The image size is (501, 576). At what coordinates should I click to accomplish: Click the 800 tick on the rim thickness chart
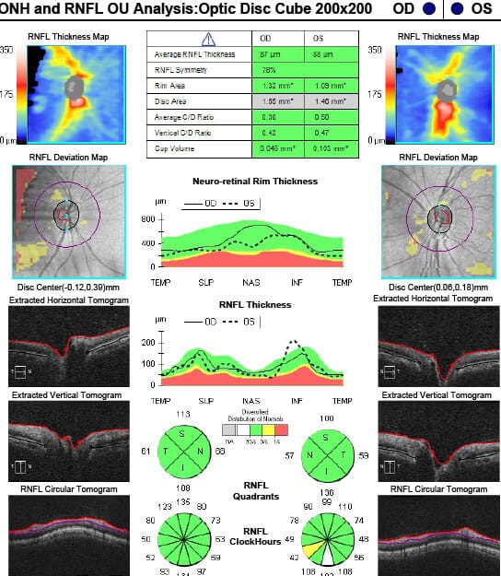(x=147, y=220)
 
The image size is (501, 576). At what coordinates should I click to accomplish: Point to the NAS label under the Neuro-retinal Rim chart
(x=251, y=282)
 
